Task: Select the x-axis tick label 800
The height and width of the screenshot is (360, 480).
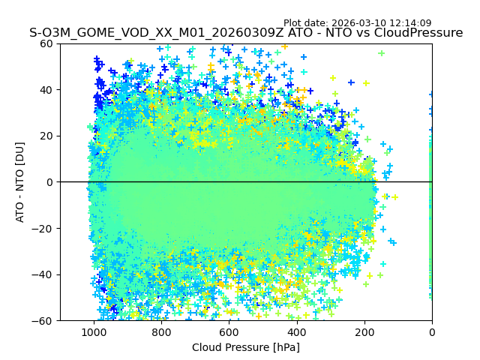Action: coord(161,332)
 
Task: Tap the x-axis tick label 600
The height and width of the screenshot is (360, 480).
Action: coord(229,332)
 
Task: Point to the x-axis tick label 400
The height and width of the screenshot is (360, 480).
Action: coord(296,332)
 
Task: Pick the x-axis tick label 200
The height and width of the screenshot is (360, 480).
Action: coord(364,332)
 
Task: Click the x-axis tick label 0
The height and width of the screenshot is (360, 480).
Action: coord(432,332)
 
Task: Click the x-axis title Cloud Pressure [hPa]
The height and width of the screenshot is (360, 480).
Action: coord(246,347)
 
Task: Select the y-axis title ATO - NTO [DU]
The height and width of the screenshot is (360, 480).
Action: coord(20,182)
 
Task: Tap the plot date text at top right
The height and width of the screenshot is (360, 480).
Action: coord(357,23)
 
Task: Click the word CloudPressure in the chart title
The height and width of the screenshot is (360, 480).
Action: coord(420,33)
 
